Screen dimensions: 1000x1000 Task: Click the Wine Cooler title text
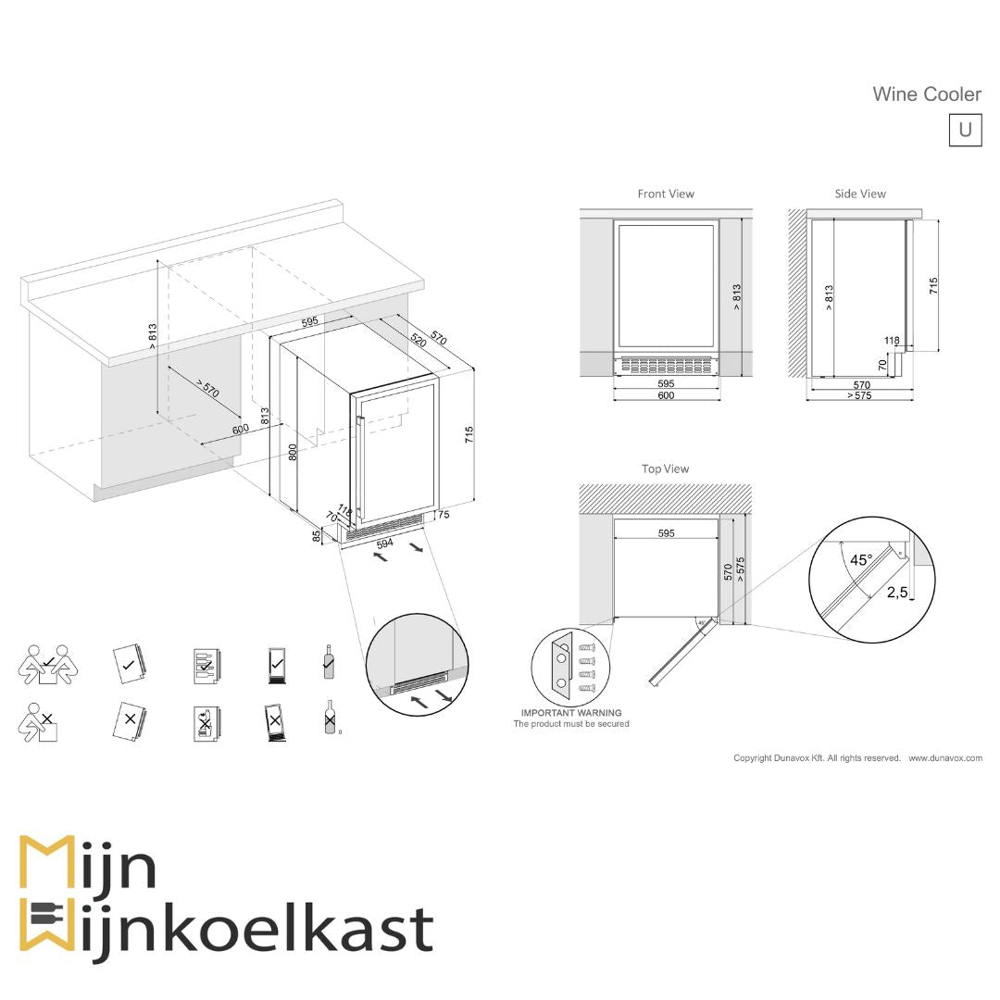coord(926,94)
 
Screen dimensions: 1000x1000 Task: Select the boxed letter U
coord(965,130)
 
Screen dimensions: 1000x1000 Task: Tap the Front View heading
coord(666,194)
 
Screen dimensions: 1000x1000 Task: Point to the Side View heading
coord(860,194)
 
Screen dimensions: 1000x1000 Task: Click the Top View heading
coord(666,469)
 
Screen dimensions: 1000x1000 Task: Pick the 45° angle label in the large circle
coord(861,560)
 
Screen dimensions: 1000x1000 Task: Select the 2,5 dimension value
coord(897,593)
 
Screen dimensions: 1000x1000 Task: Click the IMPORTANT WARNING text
coord(571,713)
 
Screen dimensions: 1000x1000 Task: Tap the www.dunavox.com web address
coord(944,758)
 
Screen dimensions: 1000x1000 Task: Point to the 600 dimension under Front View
coord(666,395)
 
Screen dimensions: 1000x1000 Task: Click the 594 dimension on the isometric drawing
coord(385,544)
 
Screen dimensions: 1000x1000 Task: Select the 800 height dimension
coord(293,452)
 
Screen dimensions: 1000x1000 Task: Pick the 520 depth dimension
coord(418,339)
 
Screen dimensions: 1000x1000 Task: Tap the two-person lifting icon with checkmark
coord(49,664)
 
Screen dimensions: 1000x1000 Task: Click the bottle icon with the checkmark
coord(328,663)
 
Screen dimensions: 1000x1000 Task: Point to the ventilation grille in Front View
coord(666,365)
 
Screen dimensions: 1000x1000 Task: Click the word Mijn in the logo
coord(88,867)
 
